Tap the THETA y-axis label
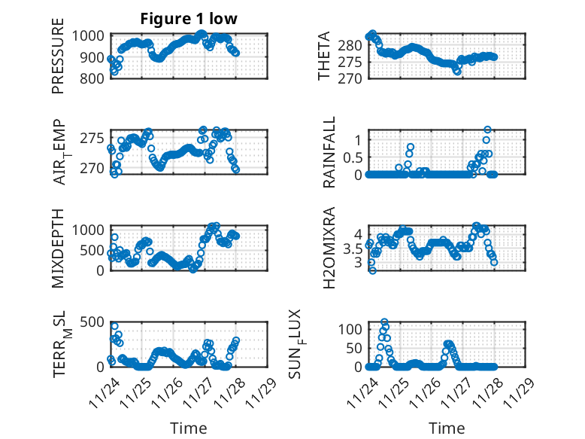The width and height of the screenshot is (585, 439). click(x=324, y=56)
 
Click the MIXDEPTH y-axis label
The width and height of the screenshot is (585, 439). click(x=58, y=248)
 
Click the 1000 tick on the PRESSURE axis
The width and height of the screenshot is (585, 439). click(x=92, y=35)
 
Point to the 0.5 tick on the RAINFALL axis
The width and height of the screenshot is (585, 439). click(x=353, y=157)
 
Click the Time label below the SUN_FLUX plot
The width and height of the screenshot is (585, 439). click(x=447, y=428)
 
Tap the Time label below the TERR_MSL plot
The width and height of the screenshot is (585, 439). click(x=189, y=428)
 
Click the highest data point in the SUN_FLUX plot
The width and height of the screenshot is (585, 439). click(x=385, y=322)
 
